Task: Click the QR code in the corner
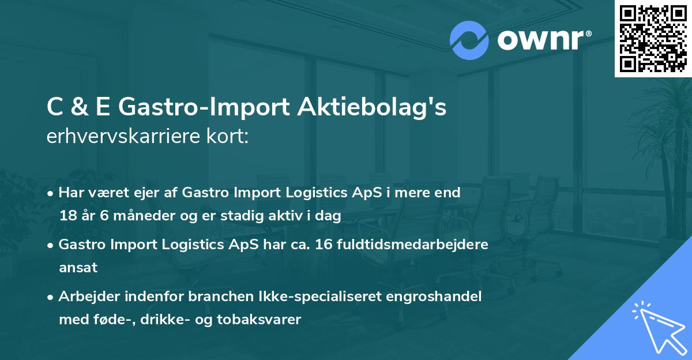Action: coord(653,38)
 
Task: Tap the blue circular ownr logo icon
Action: coord(469,40)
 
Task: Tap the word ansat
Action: coord(78,268)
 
